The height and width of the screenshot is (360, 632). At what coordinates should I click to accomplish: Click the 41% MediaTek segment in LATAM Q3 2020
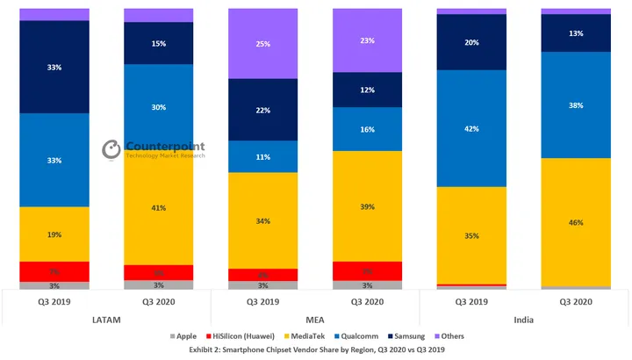click(159, 208)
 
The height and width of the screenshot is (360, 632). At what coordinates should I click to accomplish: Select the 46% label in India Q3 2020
click(576, 223)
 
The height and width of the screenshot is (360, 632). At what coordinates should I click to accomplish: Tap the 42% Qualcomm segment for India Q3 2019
click(471, 128)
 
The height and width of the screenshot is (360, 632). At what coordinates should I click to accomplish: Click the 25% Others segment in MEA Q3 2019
click(262, 43)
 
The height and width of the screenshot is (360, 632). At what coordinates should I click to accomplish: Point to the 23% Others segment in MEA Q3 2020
click(367, 40)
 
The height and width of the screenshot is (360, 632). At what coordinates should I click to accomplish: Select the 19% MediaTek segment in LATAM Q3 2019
click(54, 234)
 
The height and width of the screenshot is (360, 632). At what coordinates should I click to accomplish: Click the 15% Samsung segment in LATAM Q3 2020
click(159, 43)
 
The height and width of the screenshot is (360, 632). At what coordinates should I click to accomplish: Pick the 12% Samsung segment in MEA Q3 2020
click(367, 90)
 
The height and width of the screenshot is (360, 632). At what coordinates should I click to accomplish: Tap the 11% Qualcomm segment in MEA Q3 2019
click(262, 156)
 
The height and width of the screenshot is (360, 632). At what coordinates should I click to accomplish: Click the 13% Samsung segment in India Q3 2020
click(576, 33)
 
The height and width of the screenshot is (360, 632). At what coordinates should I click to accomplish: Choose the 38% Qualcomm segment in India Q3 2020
click(576, 104)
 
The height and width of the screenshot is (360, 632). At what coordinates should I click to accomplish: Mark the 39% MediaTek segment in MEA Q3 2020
click(367, 206)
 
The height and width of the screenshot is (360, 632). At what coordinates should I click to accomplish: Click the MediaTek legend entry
click(304, 335)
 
